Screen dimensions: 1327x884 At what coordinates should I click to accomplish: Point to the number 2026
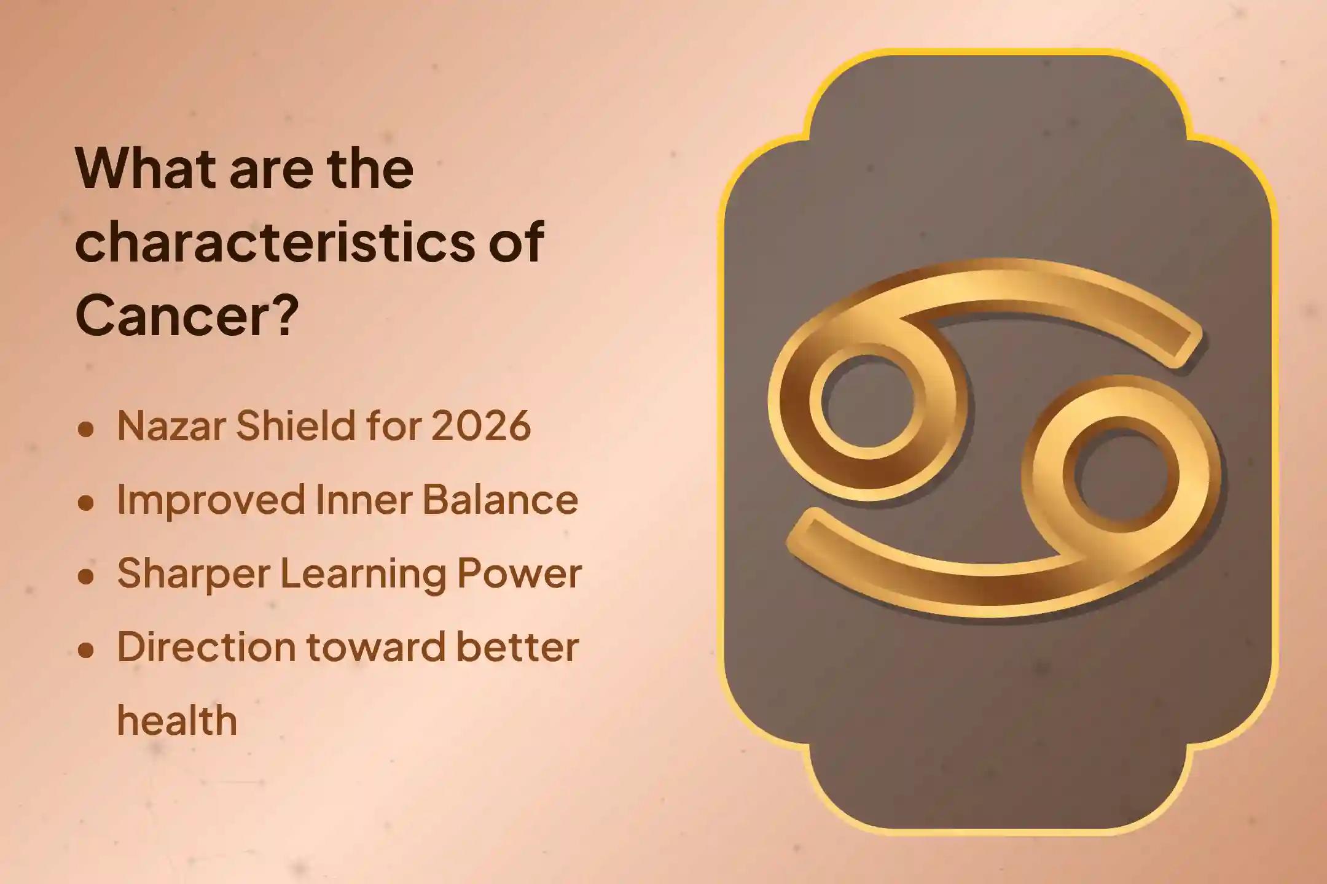[481, 425]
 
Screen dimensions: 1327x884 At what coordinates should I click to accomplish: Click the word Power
[517, 573]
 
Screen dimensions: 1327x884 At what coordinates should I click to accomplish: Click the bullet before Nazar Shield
[86, 429]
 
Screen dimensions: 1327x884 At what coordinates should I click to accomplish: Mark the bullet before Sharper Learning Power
[86, 576]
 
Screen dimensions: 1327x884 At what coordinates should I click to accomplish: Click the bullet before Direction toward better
[86, 650]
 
